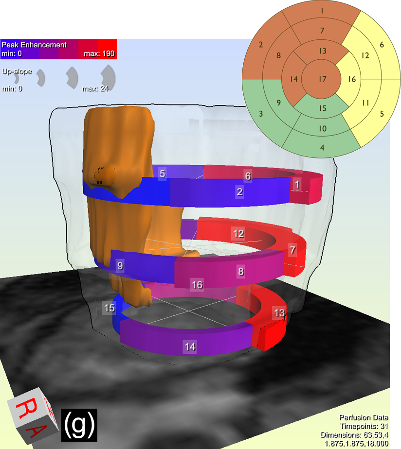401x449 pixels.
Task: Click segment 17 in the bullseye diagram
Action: pos(322,79)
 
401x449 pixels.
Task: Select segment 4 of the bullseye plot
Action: pos(322,147)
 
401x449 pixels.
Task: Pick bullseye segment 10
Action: pos(323,128)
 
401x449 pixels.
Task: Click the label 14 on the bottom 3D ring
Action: pos(190,347)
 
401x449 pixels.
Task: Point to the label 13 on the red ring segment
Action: pos(279,313)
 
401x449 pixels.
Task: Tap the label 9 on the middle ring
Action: pos(121,266)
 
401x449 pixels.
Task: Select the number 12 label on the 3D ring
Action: pos(238,234)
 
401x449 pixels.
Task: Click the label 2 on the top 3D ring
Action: pos(240,191)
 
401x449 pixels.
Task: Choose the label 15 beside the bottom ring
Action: pos(109,308)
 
